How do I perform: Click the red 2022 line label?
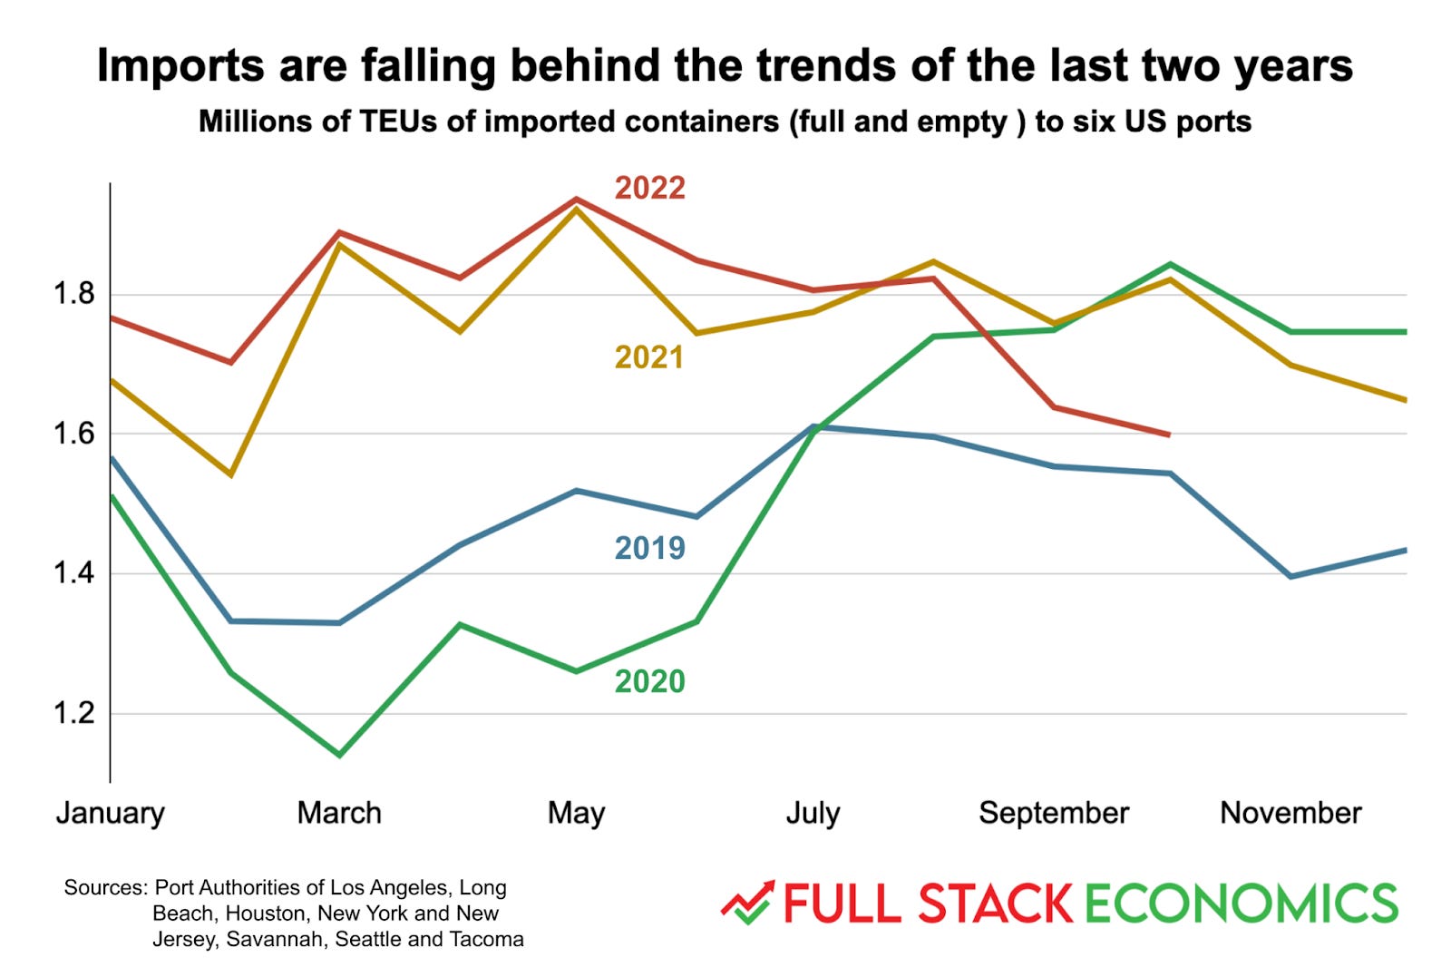pos(649,188)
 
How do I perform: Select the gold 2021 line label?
pos(649,357)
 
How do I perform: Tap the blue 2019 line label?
pos(649,548)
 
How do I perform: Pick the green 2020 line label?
pos(649,681)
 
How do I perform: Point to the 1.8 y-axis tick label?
pos(73,294)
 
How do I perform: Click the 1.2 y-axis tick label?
pos(73,713)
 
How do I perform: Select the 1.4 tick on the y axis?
pos(73,572)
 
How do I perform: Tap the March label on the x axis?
pos(339,813)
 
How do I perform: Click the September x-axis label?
pos(1054,813)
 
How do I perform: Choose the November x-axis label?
pos(1290,813)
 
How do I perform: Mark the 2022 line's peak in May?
pos(577,199)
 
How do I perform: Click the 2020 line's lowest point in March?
pos(339,755)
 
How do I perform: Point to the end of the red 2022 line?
pos(1169,435)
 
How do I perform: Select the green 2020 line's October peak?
pos(1171,265)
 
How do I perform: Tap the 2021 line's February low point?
pos(231,474)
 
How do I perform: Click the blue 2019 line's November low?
pos(1290,576)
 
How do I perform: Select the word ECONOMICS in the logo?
pos(1241,904)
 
